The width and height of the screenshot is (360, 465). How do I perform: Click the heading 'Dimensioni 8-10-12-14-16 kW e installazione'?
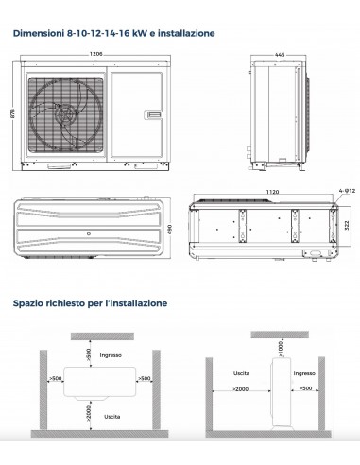[113, 33]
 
